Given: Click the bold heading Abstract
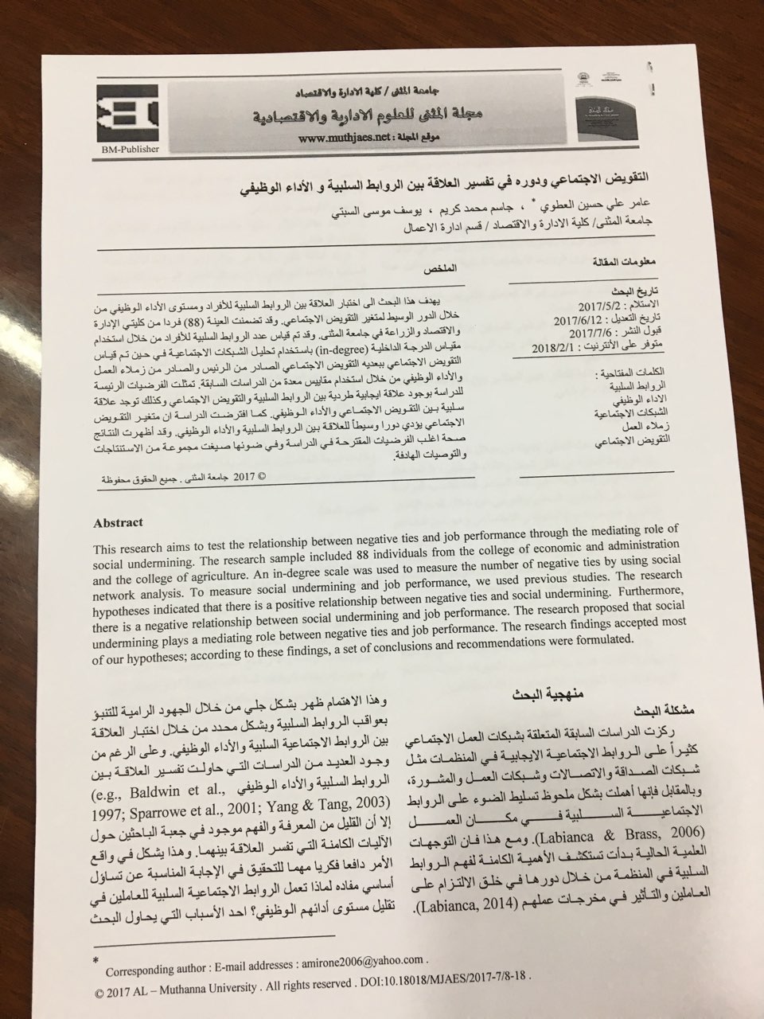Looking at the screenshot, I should point(118,523).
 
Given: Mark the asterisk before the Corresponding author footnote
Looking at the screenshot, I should point(96,962).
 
